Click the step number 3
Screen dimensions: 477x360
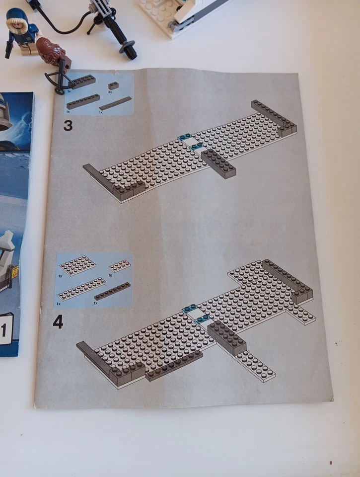(68, 125)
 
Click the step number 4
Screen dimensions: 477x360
(58, 322)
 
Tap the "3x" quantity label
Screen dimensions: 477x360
(109, 92)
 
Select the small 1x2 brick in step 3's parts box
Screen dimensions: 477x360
(114, 85)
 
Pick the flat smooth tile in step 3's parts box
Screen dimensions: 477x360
(115, 103)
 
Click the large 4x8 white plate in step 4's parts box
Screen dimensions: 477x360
(77, 265)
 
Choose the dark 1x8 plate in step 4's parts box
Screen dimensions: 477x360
(113, 291)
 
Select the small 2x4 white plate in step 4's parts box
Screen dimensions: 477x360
(120, 265)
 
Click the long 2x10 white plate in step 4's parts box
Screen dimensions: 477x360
(82, 289)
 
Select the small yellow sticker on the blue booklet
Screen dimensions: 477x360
(15, 271)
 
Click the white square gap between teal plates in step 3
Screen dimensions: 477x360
(191, 142)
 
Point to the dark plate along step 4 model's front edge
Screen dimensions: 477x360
(174, 366)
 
